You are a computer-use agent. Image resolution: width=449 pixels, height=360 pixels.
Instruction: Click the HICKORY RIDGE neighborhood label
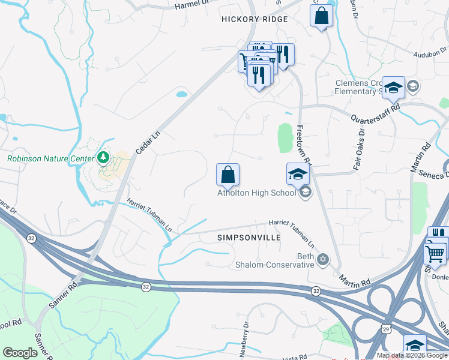click(255, 19)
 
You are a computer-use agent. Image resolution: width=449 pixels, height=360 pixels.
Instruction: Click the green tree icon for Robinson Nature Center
click(104, 158)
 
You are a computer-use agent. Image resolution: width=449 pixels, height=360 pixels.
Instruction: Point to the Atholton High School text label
click(256, 193)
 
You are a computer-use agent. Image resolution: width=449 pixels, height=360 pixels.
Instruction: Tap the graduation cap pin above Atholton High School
click(298, 174)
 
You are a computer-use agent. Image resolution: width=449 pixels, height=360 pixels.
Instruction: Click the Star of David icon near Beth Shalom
click(324, 259)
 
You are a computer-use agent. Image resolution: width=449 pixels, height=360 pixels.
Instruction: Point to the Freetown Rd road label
click(303, 144)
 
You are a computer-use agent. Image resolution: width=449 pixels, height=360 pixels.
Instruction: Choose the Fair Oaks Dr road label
click(360, 148)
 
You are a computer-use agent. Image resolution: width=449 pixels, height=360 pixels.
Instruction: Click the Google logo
click(20, 353)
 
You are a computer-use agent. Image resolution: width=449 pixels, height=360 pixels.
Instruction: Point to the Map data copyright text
click(412, 355)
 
